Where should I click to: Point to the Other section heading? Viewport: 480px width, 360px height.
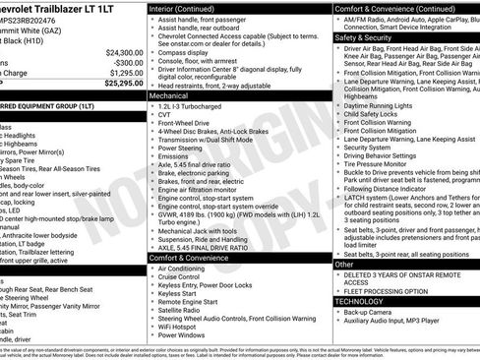343,264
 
